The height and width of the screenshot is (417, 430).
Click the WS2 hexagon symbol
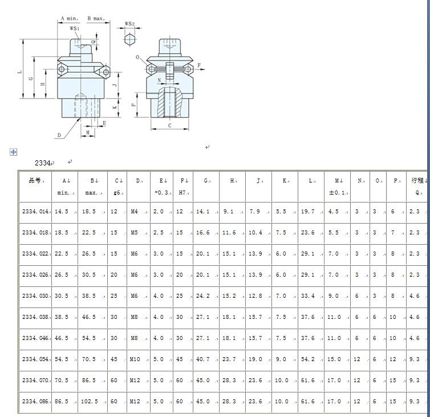129,39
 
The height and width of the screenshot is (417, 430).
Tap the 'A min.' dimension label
70,18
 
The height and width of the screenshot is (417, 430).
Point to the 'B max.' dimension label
96,18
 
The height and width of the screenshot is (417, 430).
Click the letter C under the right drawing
170,125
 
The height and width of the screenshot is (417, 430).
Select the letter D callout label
59,135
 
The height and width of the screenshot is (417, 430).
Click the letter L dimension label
19,72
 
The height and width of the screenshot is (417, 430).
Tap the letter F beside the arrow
199,65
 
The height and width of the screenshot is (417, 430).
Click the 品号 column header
35,180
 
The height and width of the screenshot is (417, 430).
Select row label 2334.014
35,211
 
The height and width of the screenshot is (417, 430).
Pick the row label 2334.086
35,402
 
